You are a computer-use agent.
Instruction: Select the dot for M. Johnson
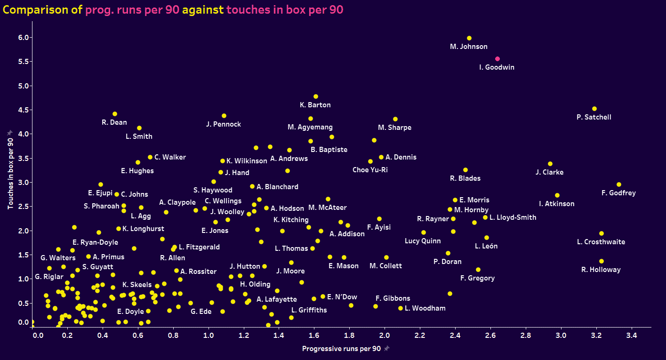(469, 38)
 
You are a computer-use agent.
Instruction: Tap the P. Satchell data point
(594, 109)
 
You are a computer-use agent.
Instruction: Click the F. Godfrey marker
(619, 184)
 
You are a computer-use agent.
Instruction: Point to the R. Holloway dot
(602, 261)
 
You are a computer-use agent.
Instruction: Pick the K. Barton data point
(316, 96)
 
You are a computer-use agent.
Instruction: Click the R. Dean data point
(115, 114)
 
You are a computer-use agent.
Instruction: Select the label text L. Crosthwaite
(601, 242)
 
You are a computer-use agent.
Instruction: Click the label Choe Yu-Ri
(370, 170)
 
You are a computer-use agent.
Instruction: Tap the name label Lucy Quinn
(423, 241)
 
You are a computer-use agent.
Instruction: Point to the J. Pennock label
(224, 124)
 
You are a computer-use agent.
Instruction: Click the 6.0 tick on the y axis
(23, 38)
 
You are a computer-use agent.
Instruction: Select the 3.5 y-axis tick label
(23, 158)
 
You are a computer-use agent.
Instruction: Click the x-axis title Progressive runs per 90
(341, 349)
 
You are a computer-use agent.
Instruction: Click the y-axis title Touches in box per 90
(10, 169)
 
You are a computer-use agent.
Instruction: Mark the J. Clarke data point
(550, 164)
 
